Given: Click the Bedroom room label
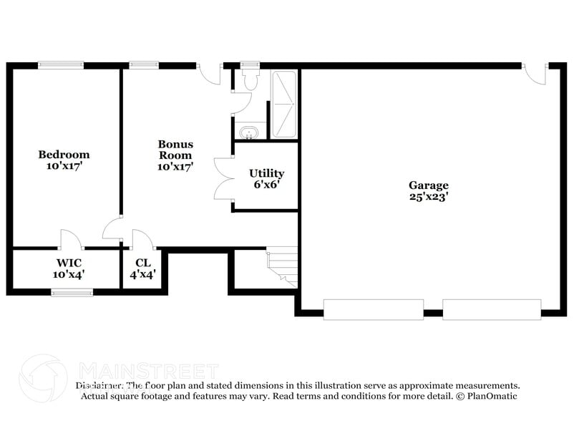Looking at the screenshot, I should (x=64, y=155).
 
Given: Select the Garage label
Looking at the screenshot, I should (x=429, y=185).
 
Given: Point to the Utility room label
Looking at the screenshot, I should (x=266, y=173).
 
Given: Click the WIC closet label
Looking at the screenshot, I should (x=68, y=263).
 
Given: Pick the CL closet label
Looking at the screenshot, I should (x=142, y=263).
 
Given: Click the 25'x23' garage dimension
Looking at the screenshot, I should (x=429, y=197).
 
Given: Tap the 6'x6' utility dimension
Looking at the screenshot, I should (x=266, y=184).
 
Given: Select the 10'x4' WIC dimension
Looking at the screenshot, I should (x=68, y=274).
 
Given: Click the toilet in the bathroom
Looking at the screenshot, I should (x=249, y=81).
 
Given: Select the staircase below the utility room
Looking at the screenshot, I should (x=281, y=266).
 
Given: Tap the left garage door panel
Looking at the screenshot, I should (x=374, y=309).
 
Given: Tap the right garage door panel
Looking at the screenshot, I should (x=492, y=309).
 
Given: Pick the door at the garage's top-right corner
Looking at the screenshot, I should (x=534, y=72).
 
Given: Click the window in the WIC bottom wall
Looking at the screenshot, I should (x=72, y=291).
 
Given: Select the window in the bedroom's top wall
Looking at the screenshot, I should (x=61, y=65).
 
